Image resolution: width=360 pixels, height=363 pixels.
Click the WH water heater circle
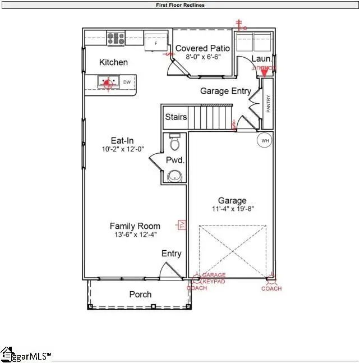pos(264,140)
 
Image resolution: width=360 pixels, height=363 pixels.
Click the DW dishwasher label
pos(127,83)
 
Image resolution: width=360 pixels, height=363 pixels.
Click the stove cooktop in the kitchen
pos(116,38)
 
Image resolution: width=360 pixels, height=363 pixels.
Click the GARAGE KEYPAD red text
pos(214,278)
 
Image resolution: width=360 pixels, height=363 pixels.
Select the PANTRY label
pos(269,104)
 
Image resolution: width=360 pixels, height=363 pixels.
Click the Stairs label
pos(176,118)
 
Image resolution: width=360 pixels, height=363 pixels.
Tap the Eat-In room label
pos(122,141)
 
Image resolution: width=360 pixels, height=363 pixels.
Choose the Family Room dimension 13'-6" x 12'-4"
pos(135,235)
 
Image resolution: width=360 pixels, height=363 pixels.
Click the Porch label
pos(140,295)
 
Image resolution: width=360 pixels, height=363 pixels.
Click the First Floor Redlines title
pos(180,5)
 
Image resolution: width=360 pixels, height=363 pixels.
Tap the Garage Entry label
pos(225,91)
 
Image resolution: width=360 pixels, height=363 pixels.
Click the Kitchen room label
pos(113,62)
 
